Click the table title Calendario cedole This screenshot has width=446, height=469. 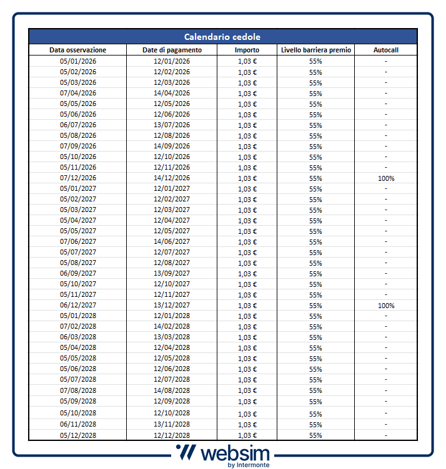(222, 37)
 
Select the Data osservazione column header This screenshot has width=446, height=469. (78, 50)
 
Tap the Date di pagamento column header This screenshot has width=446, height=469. (172, 50)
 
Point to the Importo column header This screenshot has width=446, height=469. (247, 50)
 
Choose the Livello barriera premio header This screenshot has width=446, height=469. (316, 50)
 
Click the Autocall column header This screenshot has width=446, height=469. (385, 50)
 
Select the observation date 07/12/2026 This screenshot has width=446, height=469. (78, 178)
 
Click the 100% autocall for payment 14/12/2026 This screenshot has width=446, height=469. (386, 178)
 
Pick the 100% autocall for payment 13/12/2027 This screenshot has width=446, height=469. (386, 306)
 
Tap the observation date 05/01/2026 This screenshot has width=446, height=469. (78, 61)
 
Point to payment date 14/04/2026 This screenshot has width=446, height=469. (172, 93)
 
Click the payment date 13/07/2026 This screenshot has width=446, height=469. (172, 125)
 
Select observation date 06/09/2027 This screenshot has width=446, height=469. (78, 273)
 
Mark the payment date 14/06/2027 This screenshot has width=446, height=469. (172, 241)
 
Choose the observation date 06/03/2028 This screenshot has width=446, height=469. (78, 337)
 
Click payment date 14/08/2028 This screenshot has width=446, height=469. (172, 390)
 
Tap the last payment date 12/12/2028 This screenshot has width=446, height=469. (172, 435)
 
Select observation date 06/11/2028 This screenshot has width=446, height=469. (78, 424)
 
